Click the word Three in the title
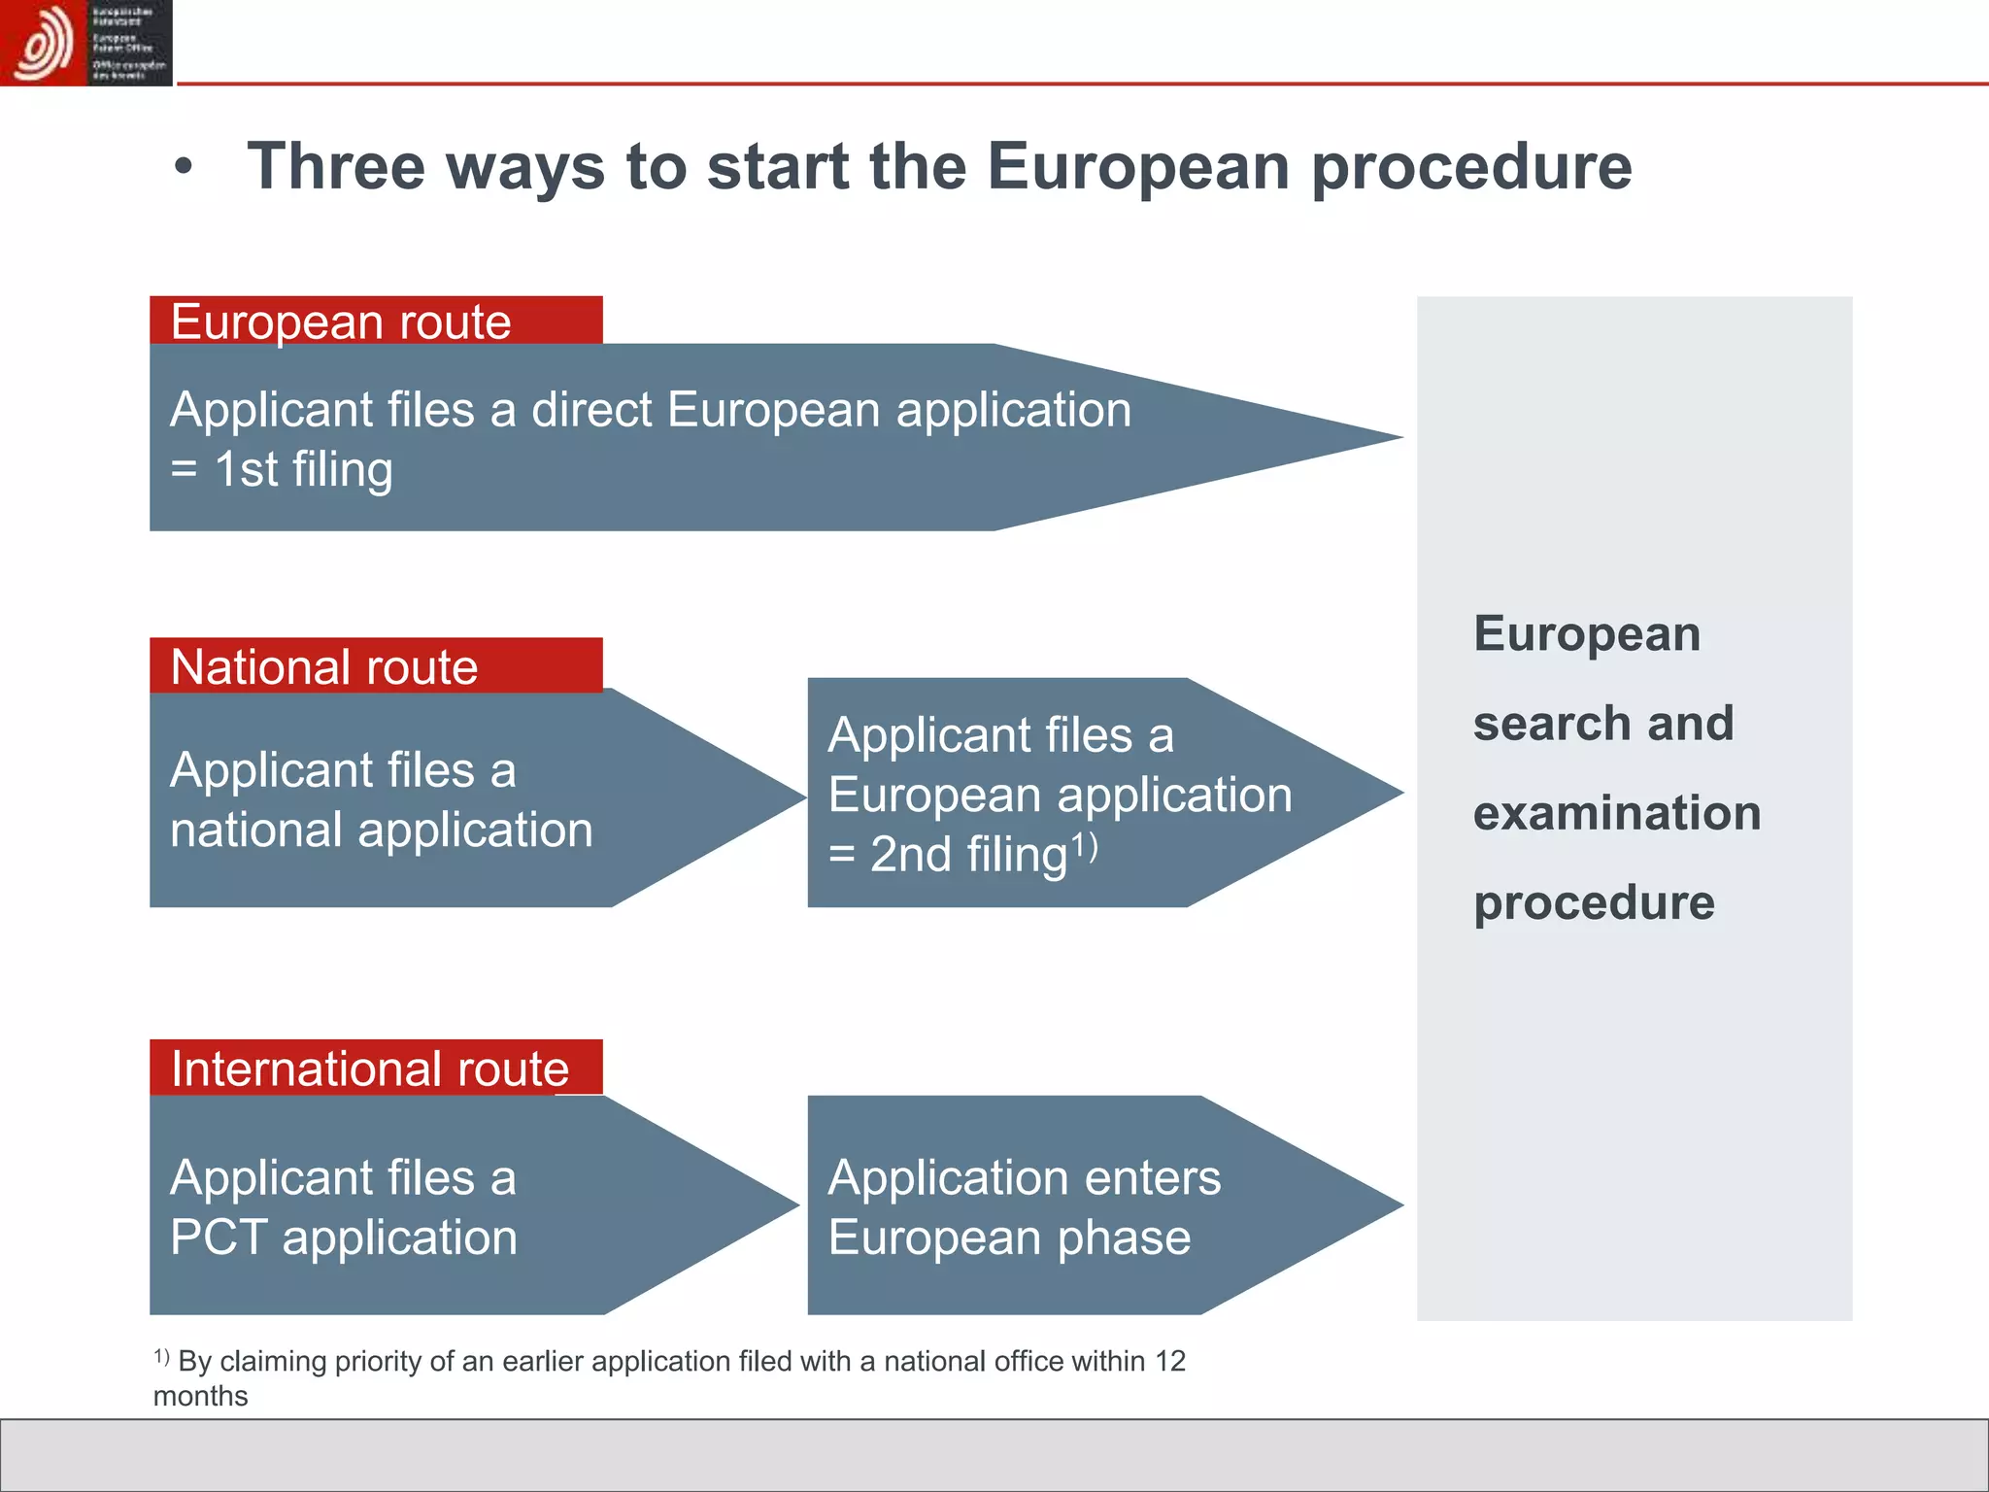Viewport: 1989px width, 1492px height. (x=336, y=167)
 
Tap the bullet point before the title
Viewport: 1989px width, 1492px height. (x=184, y=168)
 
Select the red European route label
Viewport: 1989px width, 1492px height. (x=376, y=321)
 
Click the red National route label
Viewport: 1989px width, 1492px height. (x=376, y=666)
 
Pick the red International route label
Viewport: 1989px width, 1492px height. (x=376, y=1068)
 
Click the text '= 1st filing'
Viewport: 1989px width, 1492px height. (x=282, y=469)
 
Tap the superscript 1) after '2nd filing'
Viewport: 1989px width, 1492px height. (x=1084, y=846)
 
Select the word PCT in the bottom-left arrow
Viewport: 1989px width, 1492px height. (x=219, y=1238)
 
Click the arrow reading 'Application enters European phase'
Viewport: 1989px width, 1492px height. (x=1024, y=1206)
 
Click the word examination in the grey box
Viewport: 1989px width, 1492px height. (x=1616, y=813)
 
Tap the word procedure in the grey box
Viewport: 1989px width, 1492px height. (x=1594, y=902)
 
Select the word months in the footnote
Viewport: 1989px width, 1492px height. (x=201, y=1396)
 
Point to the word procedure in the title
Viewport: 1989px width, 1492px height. (x=1471, y=167)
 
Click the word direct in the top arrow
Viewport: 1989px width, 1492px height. (x=591, y=409)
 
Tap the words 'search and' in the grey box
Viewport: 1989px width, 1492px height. (x=1602, y=724)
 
